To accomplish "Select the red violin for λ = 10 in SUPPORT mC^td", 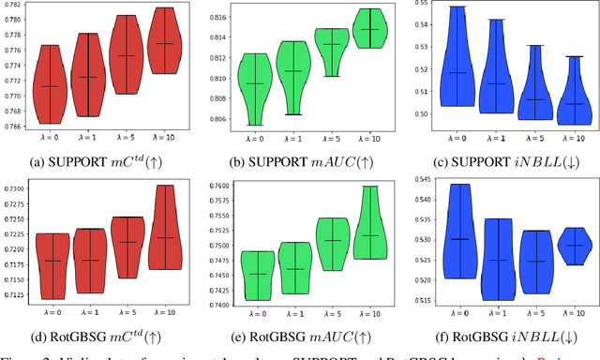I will pos(165,41).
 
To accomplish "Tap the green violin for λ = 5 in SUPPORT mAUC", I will pos(331,47).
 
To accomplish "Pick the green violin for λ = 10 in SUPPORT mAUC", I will pos(371,28).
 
